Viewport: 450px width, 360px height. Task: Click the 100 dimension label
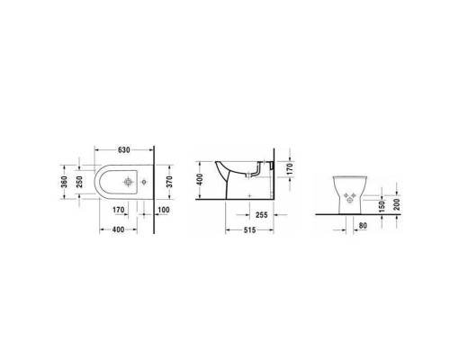[163, 211]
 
